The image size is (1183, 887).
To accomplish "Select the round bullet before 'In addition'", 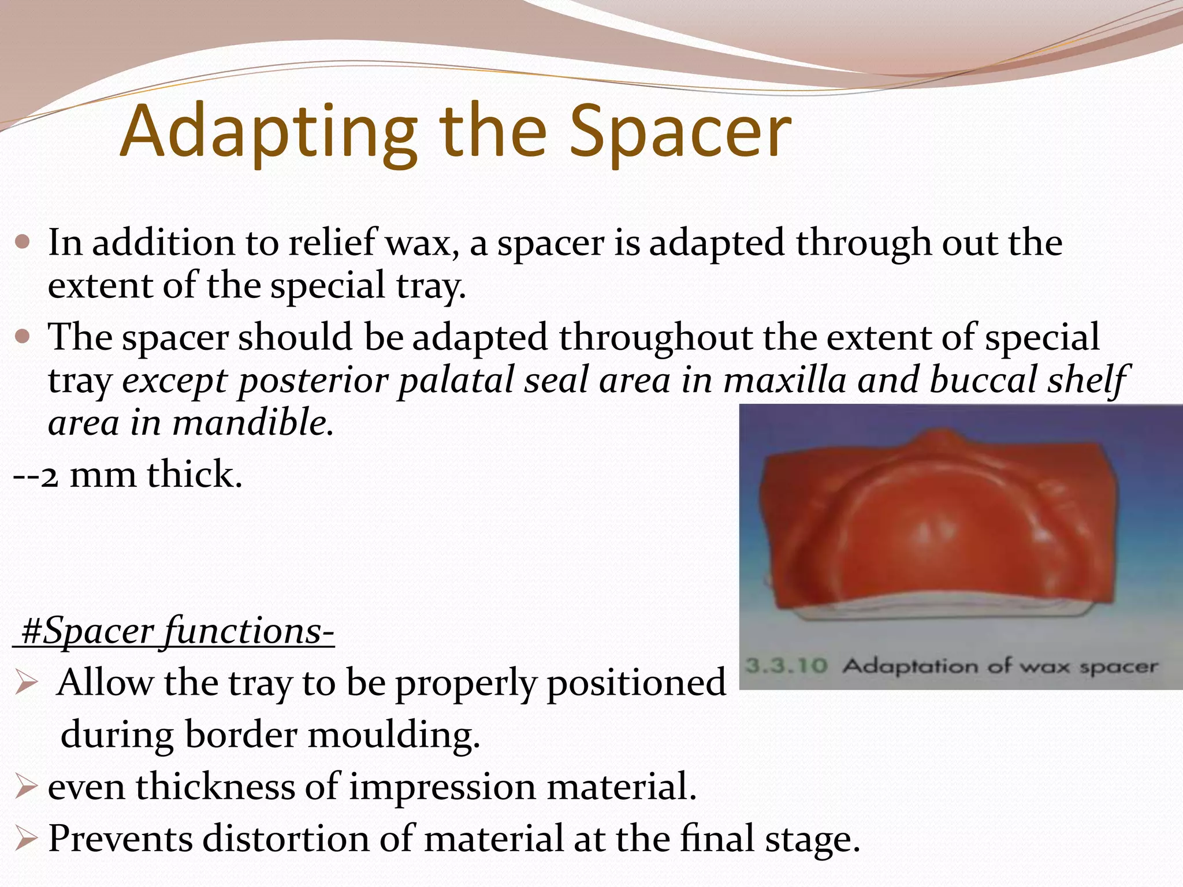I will pyautogui.click(x=23, y=241).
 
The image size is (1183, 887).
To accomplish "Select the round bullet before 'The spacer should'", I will pyautogui.click(x=23, y=336).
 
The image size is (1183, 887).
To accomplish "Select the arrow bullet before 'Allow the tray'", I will pyautogui.click(x=27, y=684).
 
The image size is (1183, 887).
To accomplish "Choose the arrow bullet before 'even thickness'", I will pyautogui.click(x=27, y=787).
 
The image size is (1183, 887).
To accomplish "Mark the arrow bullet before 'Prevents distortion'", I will pyautogui.click(x=27, y=838).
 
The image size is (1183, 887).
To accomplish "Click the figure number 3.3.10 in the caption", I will pyautogui.click(x=786, y=666).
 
